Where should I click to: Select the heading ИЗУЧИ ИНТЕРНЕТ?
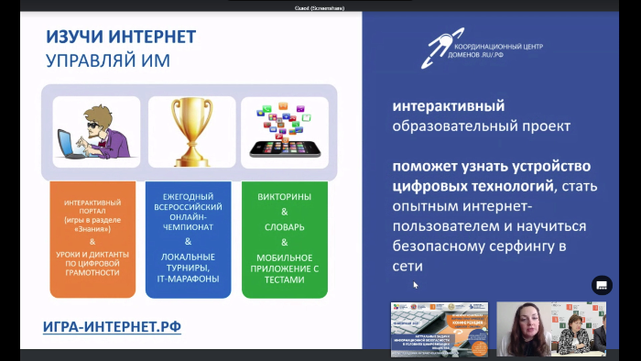click(x=121, y=37)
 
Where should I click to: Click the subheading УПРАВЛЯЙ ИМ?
click(x=107, y=61)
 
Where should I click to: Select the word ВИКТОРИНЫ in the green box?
click(x=284, y=197)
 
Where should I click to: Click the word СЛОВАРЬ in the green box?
click(x=284, y=227)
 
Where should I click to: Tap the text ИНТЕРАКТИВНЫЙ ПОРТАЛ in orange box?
click(x=92, y=205)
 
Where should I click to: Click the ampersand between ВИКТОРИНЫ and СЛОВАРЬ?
click(x=284, y=212)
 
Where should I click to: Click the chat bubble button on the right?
click(x=602, y=285)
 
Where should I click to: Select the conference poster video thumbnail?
click(x=440, y=327)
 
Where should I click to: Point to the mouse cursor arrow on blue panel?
click(x=415, y=285)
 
